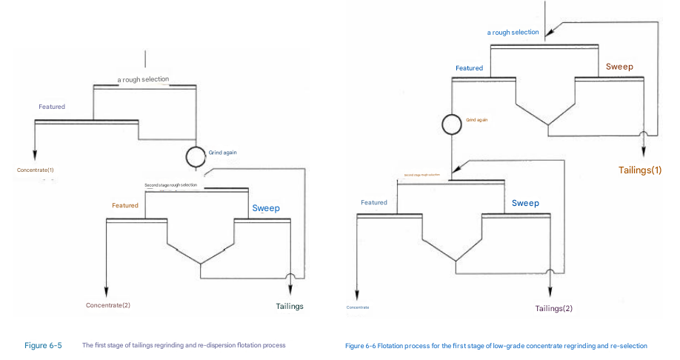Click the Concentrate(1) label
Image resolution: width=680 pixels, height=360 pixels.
pos(35,170)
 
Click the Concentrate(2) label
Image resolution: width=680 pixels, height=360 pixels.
pos(107,305)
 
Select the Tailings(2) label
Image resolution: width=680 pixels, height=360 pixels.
pos(554,308)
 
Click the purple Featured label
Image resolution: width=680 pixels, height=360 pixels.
pos(52,107)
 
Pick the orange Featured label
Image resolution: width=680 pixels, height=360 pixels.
pos(125,205)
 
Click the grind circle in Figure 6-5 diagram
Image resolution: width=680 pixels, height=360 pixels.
pos(196,156)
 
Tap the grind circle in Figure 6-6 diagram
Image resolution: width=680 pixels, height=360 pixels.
pos(451,124)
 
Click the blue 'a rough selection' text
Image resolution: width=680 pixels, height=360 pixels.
pos(513,33)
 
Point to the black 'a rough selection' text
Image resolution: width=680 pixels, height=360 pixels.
pos(143,79)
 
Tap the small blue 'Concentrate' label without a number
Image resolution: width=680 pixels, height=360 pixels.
pos(357,307)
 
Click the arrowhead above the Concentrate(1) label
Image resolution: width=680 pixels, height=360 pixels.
pos(35,153)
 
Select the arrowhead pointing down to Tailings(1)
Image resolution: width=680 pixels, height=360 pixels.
pos(643,151)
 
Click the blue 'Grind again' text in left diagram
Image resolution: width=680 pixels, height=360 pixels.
pos(222,153)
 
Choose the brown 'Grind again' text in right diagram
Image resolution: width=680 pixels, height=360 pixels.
pos(476,119)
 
